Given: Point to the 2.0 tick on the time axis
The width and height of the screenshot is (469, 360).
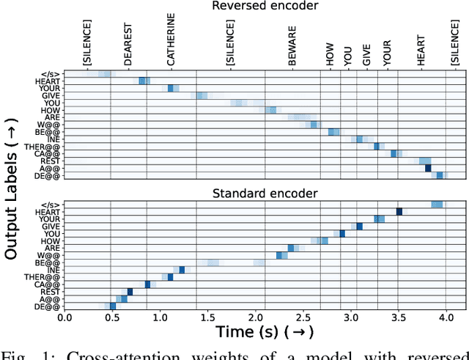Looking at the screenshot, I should [x=255, y=317].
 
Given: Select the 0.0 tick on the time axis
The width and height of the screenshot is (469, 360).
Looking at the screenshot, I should [x=64, y=317].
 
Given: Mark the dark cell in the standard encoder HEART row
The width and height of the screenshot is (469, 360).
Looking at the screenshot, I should [x=399, y=211].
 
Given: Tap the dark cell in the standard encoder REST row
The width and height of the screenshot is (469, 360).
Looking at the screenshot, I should [x=130, y=292].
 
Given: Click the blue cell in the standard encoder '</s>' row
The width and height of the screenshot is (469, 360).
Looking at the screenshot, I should [x=437, y=204].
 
